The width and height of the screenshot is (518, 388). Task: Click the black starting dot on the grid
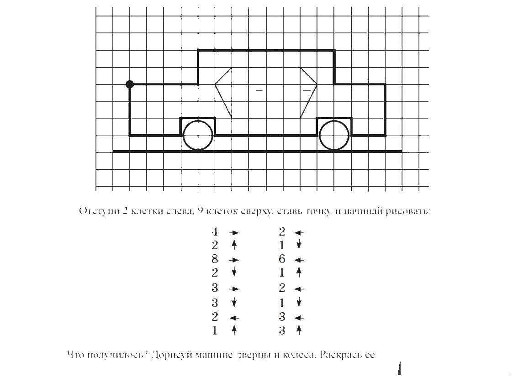pos(130,84)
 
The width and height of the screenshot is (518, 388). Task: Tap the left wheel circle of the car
pos(198,135)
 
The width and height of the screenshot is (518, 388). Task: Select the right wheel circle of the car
pos(334,135)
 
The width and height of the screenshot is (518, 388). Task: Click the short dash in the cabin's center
pos(259,91)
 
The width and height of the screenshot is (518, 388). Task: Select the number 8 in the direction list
pos(215,259)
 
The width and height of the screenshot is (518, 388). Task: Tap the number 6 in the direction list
pos(282,259)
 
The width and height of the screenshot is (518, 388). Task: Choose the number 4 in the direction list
pos(215,232)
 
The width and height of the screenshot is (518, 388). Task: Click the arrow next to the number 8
pos(234,260)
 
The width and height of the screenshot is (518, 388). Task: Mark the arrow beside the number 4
pos(234,232)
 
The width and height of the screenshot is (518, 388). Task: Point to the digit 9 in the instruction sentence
pos(200,211)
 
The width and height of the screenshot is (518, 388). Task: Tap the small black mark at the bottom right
pos(400,369)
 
